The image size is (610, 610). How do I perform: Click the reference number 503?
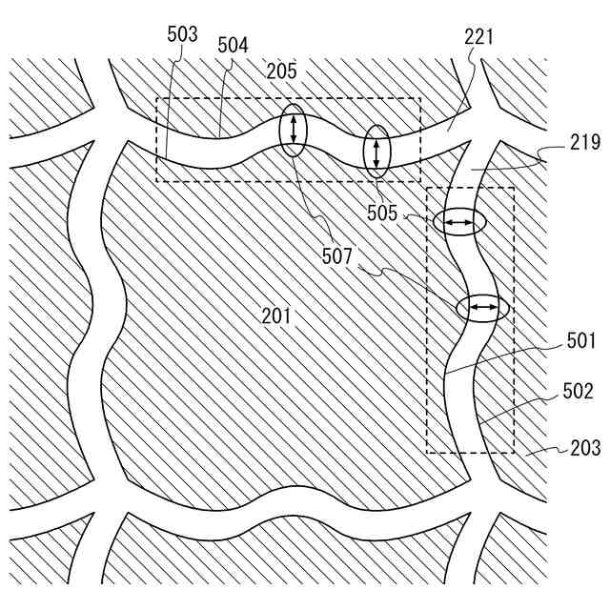click(182, 35)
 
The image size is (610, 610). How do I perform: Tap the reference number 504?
click(234, 44)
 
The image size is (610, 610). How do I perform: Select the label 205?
click(281, 71)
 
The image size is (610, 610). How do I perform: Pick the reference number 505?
click(382, 213)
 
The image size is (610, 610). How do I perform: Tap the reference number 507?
click(336, 255)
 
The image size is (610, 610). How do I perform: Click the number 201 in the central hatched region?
click(277, 315)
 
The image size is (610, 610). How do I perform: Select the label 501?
click(580, 340)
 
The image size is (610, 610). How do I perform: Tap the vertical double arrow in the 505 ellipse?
click(378, 151)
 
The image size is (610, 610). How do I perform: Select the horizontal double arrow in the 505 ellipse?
click(459, 223)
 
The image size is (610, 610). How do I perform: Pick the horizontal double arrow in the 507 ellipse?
click(479, 307)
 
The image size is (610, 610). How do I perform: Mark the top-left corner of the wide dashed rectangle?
click(157, 98)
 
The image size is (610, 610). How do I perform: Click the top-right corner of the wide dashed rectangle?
click(419, 98)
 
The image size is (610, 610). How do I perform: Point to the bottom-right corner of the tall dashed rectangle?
click(514, 453)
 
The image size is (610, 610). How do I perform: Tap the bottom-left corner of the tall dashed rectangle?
click(426, 453)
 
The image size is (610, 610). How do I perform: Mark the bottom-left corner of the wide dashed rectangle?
click(157, 181)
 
